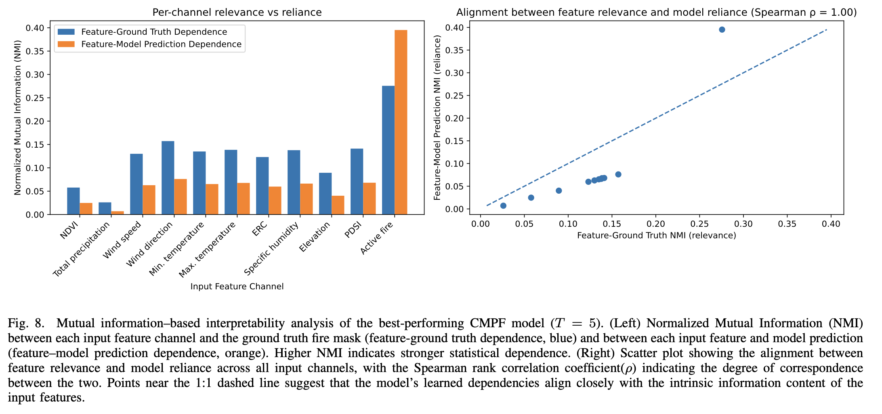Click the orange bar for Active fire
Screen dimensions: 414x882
tap(401, 121)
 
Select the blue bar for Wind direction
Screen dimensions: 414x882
tap(168, 178)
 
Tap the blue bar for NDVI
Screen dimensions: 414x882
tap(73, 201)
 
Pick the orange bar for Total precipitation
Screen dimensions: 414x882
tap(118, 213)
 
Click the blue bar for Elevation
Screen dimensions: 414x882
tap(325, 194)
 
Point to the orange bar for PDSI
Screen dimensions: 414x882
tap(369, 199)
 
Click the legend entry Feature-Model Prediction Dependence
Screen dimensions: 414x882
tap(161, 44)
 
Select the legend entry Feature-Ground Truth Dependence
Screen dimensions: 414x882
tap(154, 32)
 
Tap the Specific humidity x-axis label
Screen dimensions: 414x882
tap(271, 249)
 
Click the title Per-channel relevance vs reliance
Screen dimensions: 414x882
tap(237, 13)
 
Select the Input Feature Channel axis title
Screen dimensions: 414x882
tap(237, 286)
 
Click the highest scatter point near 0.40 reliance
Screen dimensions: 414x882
tap(722, 29)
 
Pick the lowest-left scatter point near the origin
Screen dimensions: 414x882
tap(503, 206)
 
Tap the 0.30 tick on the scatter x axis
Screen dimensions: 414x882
tap(743, 224)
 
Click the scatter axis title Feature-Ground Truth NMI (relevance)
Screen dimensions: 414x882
tap(656, 236)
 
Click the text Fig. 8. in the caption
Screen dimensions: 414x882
tap(25, 324)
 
